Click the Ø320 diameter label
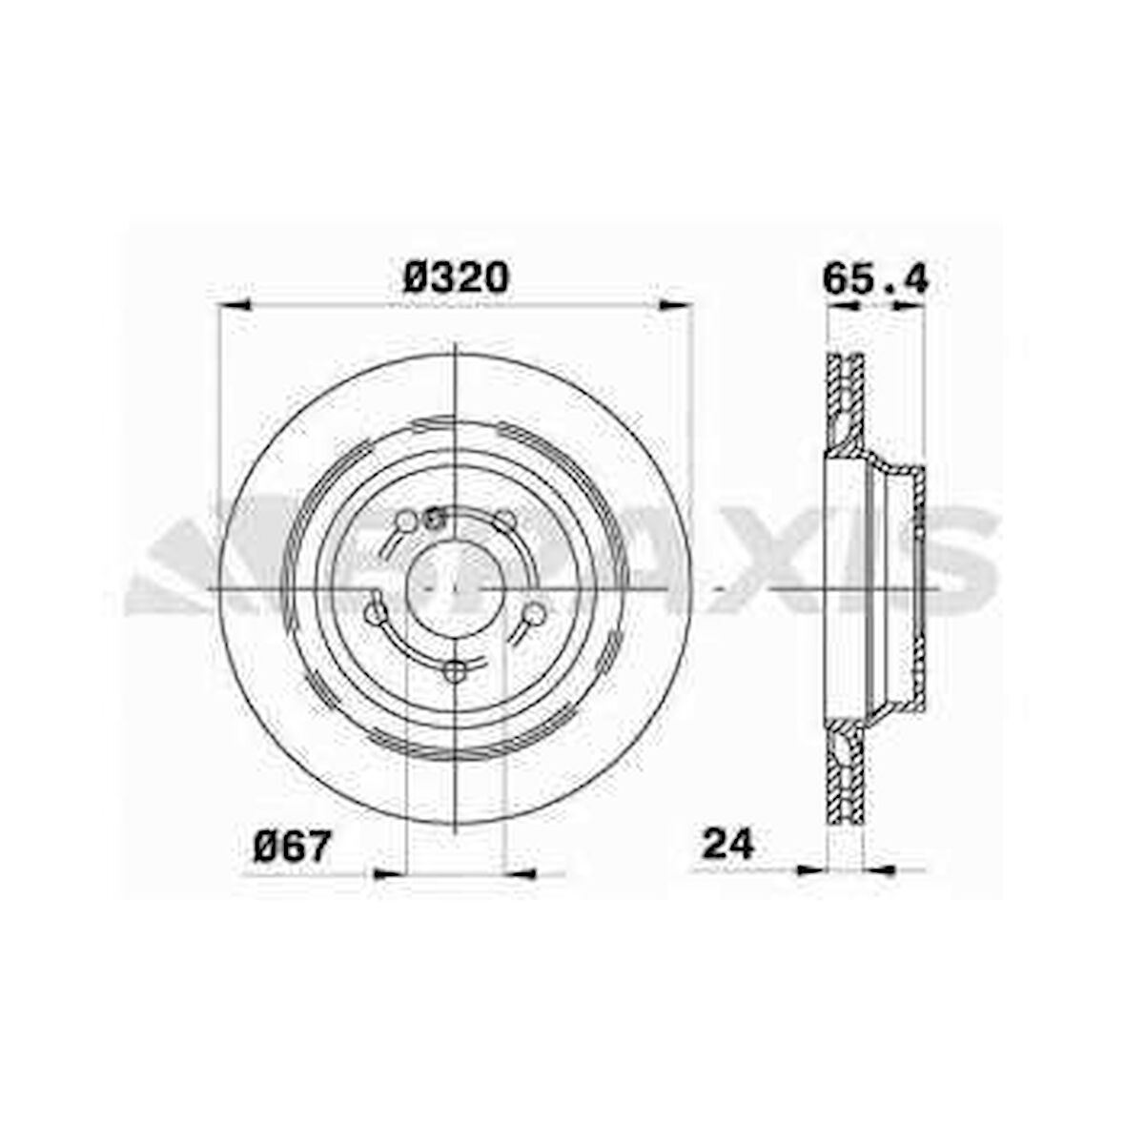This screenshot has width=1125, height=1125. pos(457,277)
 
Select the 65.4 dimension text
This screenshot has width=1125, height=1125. pos(874,278)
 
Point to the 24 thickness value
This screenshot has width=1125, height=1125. pos(728,844)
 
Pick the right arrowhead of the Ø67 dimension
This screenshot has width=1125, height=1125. pos(519,873)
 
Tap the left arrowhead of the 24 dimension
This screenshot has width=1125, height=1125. pos(810,869)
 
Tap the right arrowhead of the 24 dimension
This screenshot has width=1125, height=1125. pos(879,869)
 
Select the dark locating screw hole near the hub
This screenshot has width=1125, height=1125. pos(436,520)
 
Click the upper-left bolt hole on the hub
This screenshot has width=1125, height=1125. pos(407,521)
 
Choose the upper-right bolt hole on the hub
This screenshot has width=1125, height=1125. pos(505,521)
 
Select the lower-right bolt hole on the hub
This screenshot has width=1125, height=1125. pos(536,613)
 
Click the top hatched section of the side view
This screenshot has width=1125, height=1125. pos(845,400)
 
